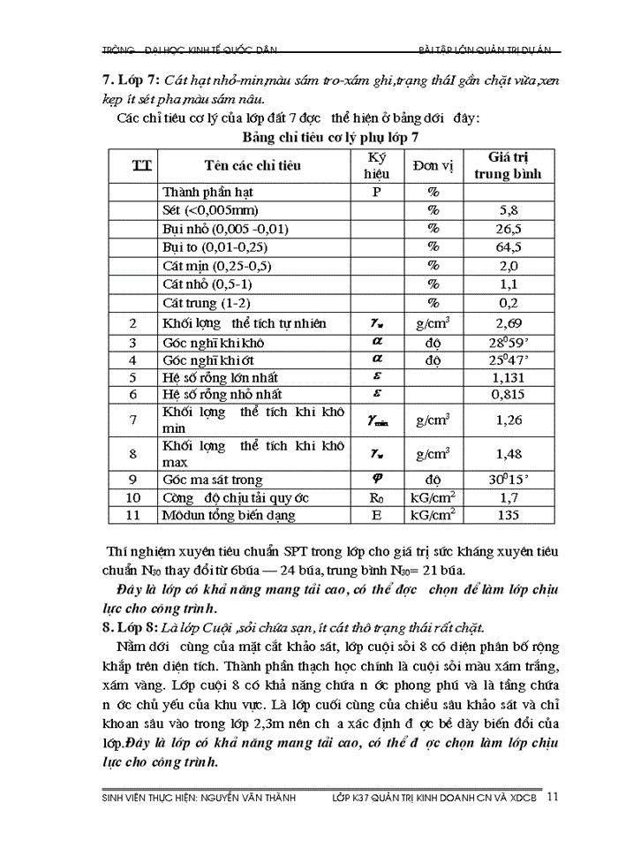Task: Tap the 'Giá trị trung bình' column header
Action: point(509,165)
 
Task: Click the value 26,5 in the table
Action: point(509,228)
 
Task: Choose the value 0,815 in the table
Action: point(509,395)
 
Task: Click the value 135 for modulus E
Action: point(509,515)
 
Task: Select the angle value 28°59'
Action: point(509,342)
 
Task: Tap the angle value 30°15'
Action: point(509,480)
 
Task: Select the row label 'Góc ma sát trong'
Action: point(213,480)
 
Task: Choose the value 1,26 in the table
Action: point(509,420)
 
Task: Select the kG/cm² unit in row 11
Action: point(434,514)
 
